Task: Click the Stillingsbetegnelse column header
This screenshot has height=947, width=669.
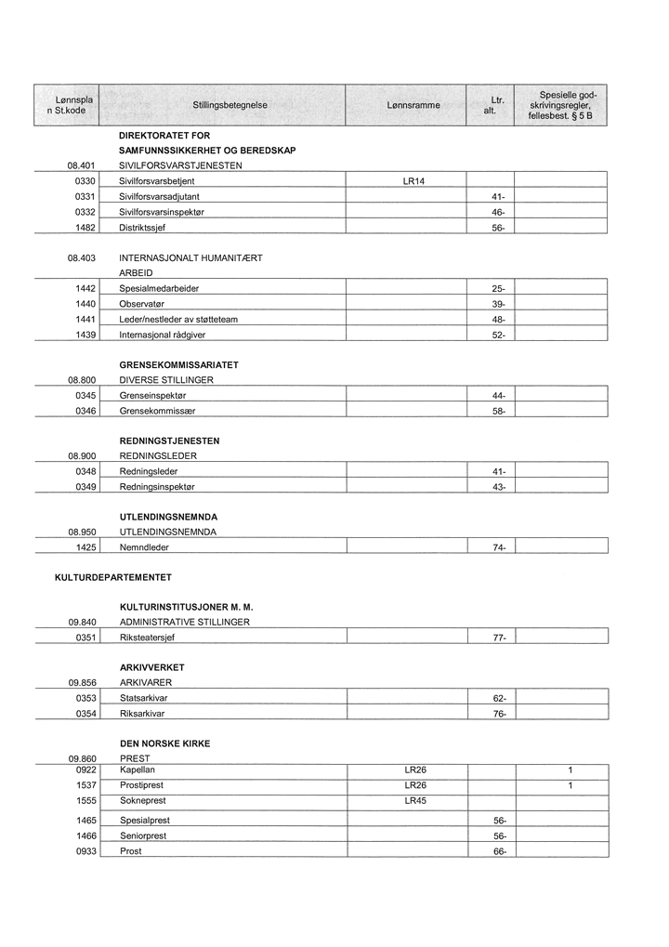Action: [230, 106]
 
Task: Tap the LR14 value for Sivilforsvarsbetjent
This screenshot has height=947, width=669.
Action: [413, 181]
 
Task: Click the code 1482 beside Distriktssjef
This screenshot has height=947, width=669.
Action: [86, 229]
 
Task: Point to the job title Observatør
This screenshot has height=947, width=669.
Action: [142, 304]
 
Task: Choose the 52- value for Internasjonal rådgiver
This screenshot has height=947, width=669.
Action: [498, 335]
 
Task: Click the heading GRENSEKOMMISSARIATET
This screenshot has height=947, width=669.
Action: [179, 365]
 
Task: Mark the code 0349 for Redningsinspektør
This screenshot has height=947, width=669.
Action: [86, 487]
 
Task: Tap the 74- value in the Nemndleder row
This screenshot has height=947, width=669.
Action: [498, 548]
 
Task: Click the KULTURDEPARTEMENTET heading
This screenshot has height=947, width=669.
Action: [113, 578]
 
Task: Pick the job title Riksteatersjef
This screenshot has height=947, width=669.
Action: [147, 638]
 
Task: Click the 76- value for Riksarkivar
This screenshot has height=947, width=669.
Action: [499, 714]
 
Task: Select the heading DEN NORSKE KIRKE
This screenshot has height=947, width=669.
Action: [164, 743]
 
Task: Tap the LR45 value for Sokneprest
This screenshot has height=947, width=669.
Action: [415, 800]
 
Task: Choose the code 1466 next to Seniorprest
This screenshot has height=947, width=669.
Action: [86, 835]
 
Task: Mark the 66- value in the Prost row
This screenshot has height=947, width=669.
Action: [499, 851]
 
